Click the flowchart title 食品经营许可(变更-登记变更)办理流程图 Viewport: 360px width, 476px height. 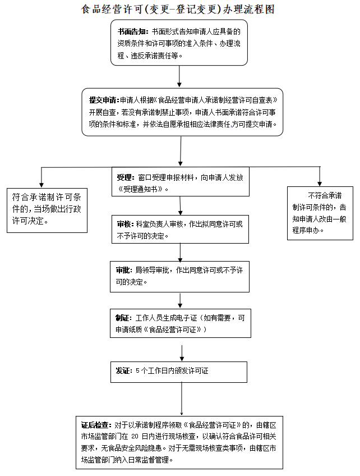178,10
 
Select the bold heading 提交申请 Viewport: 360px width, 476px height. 104,100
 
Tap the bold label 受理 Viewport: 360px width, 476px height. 124,177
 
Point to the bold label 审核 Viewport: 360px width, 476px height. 124,224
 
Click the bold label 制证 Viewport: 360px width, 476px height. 124,318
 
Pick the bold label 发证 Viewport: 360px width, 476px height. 124,371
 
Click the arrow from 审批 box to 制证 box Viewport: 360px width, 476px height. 180,300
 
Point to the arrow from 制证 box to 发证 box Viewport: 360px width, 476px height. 182,352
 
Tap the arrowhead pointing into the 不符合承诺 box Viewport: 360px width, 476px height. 320,182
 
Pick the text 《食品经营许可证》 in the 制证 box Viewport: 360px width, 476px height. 175,329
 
